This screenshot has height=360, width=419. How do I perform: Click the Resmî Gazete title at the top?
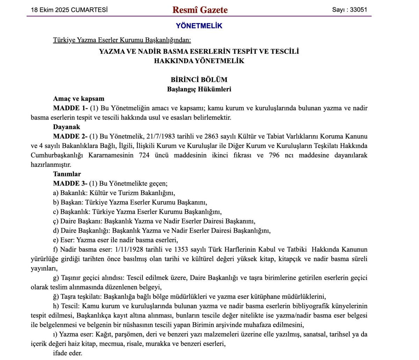pyautogui.click(x=200, y=10)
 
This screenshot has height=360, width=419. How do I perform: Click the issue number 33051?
pyautogui.click(x=358, y=10)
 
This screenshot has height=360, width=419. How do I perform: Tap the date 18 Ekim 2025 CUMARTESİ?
pyautogui.click(x=69, y=10)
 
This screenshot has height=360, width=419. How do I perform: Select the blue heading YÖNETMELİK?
pyautogui.click(x=199, y=26)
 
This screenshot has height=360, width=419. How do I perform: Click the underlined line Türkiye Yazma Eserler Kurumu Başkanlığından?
pyautogui.click(x=122, y=40)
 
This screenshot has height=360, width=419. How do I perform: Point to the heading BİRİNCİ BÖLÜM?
pyautogui.click(x=199, y=80)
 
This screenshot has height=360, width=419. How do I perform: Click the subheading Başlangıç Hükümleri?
pyautogui.click(x=199, y=89)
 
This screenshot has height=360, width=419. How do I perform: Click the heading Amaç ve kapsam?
pyautogui.click(x=79, y=98)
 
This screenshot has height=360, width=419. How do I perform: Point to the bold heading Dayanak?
pyautogui.click(x=67, y=127)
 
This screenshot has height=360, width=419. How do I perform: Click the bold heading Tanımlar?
pyautogui.click(x=67, y=174)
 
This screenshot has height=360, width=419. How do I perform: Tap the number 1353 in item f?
pyautogui.click(x=181, y=250)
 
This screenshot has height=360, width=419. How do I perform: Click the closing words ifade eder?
pyautogui.click(x=68, y=353)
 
